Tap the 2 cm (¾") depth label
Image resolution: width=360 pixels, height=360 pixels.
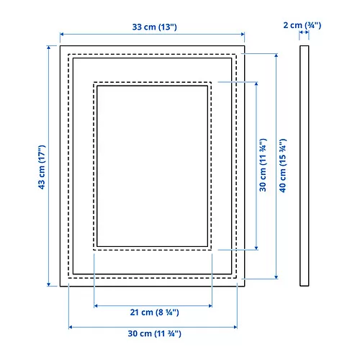[303, 26]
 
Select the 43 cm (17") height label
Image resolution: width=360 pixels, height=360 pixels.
[43, 166]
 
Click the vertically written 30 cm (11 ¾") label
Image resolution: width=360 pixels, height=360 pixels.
[264, 166]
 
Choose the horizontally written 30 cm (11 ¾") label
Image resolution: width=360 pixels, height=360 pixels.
[153, 334]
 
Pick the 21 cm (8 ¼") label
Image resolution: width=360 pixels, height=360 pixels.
[153, 312]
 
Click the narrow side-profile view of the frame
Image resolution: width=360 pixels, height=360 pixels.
[304, 166]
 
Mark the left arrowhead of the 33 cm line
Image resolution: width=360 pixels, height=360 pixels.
[62, 34]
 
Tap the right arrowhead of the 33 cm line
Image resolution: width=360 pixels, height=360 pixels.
[243, 34]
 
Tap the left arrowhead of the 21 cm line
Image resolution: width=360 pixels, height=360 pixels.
[96, 305]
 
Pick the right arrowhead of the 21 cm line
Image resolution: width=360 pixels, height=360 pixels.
[210, 305]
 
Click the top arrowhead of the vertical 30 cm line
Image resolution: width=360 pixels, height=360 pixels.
[256, 84]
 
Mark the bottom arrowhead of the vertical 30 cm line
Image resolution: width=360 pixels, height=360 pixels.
[256, 248]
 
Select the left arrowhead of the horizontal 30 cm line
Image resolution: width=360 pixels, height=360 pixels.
[71, 327]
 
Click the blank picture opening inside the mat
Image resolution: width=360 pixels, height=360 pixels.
[153, 166]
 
